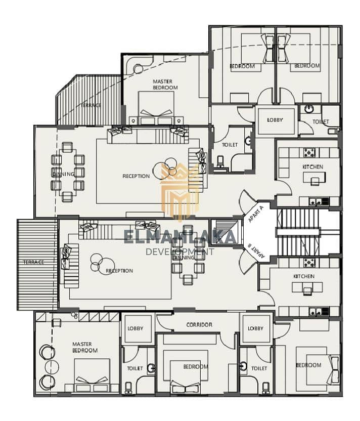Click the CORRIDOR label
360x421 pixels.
pos(199,325)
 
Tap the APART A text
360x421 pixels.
pos(256,214)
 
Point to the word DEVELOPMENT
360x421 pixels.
pos(180,251)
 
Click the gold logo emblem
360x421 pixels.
pos(181,191)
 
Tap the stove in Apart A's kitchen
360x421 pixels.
pos(309,152)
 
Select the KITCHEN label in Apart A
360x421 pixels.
pos(313,167)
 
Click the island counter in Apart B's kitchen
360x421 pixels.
pos(307,287)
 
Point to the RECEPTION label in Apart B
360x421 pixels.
pos(119,271)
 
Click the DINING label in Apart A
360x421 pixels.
pos(64,174)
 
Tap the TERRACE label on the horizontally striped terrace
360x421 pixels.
pos(33,262)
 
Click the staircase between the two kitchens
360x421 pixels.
pos(298,232)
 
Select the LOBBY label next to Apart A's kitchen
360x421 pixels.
pos(275,120)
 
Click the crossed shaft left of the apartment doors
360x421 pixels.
pos(223,233)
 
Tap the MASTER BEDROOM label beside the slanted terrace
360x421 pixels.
pos(165,85)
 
